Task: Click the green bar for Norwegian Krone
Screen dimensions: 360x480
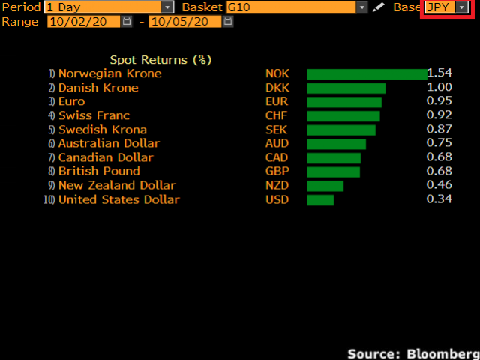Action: tap(366, 73)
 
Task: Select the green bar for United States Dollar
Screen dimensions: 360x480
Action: tap(320, 200)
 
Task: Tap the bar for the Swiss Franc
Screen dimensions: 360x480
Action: tap(343, 116)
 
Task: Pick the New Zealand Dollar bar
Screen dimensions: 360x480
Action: tap(325, 186)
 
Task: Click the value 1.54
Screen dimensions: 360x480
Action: tap(439, 73)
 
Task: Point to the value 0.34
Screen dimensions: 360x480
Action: tap(439, 200)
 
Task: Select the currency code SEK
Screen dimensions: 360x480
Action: tap(277, 130)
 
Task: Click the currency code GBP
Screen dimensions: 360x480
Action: tap(277, 172)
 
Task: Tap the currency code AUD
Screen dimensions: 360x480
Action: tap(277, 144)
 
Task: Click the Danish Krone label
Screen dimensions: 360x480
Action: tap(98, 88)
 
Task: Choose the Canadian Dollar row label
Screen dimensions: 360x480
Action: tap(106, 158)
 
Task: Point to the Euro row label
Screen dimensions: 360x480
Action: tap(72, 102)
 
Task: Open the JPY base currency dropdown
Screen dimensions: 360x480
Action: tap(447, 7)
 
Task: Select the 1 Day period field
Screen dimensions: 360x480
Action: tap(108, 7)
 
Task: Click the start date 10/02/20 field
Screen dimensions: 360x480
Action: tap(82, 21)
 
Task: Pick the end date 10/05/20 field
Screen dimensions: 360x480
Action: tap(184, 21)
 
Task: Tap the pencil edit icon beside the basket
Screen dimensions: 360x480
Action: tap(379, 7)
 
